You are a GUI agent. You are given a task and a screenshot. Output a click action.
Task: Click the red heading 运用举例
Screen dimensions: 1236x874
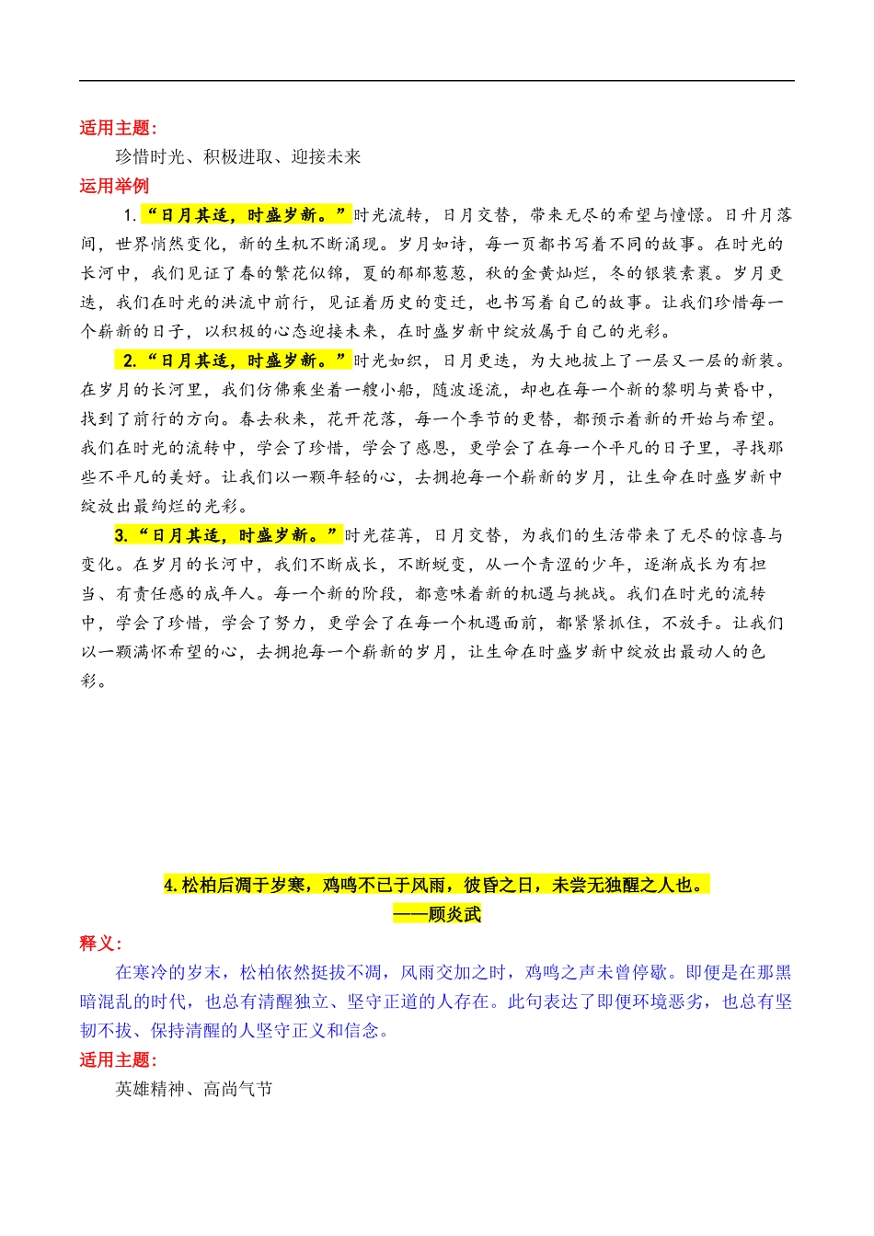[114, 186]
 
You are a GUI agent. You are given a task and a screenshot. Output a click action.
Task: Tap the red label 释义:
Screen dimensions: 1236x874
[100, 944]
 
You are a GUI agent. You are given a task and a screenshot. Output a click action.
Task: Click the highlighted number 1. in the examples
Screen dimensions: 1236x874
[130, 215]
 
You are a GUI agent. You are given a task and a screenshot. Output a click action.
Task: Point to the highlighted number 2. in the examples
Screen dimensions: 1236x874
[130, 360]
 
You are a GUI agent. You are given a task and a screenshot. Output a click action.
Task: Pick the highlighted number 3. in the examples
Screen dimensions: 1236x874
[121, 535]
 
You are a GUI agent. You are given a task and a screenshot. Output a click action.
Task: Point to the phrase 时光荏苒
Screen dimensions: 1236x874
[379, 535]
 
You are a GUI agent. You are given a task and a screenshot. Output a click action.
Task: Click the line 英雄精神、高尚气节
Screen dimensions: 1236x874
[194, 1089]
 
